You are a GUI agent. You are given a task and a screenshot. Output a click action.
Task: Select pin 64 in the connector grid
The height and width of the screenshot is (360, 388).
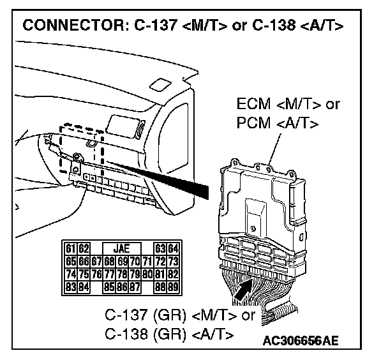(x=172, y=248)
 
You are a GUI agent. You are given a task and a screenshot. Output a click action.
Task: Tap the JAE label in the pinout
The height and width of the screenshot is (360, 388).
(x=121, y=248)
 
